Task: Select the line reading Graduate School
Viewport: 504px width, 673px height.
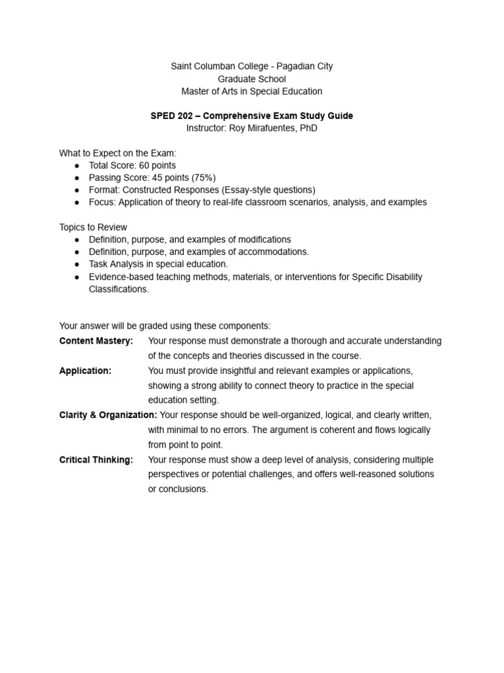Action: pos(252,79)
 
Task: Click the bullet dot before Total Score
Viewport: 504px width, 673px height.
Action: pos(77,166)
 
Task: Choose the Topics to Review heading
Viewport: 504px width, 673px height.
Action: pos(93,227)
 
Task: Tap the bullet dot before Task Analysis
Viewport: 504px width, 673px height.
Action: pos(77,264)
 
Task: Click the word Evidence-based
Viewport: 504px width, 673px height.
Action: pos(120,277)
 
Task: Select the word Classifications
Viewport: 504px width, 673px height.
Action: pos(119,289)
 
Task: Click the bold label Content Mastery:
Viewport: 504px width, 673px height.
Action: pos(96,341)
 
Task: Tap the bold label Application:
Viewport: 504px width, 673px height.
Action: pos(85,371)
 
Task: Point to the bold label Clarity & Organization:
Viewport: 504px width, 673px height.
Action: pos(108,415)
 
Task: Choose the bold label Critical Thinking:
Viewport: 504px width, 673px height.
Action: pos(96,460)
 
